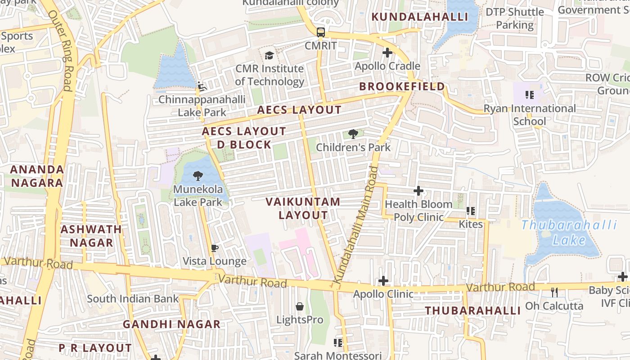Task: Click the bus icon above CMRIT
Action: (320, 32)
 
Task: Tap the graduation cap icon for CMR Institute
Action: (269, 55)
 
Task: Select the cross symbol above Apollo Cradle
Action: (387, 53)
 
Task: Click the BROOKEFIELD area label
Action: (402, 86)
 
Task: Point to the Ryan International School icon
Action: (529, 95)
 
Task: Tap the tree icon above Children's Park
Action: (353, 134)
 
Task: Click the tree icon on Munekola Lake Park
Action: (198, 176)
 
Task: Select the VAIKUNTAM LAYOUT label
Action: (303, 208)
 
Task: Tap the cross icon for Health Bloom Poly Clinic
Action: (418, 191)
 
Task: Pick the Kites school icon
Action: (471, 211)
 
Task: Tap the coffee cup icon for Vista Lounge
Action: (215, 248)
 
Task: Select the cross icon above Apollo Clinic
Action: (383, 281)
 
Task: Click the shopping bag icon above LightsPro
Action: (300, 307)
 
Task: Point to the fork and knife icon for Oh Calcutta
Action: (554, 292)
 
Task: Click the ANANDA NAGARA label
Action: (37, 176)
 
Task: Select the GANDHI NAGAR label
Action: (171, 324)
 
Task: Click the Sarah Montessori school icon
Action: (338, 343)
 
